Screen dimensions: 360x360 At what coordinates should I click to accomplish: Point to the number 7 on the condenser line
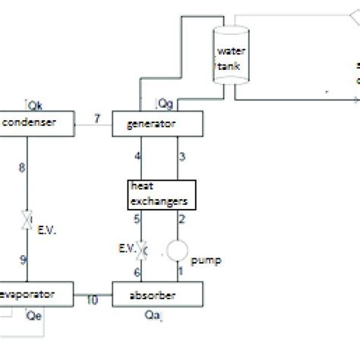pyautogui.click(x=96, y=117)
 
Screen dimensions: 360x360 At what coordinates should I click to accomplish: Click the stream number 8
pyautogui.click(x=22, y=166)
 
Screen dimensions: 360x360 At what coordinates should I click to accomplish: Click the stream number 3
pyautogui.click(x=182, y=156)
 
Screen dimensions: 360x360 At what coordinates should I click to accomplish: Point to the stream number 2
pyautogui.click(x=182, y=220)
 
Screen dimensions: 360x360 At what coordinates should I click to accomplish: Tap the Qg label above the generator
pyautogui.click(x=163, y=102)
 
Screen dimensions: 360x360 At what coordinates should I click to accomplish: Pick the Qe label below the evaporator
pyautogui.click(x=34, y=314)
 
